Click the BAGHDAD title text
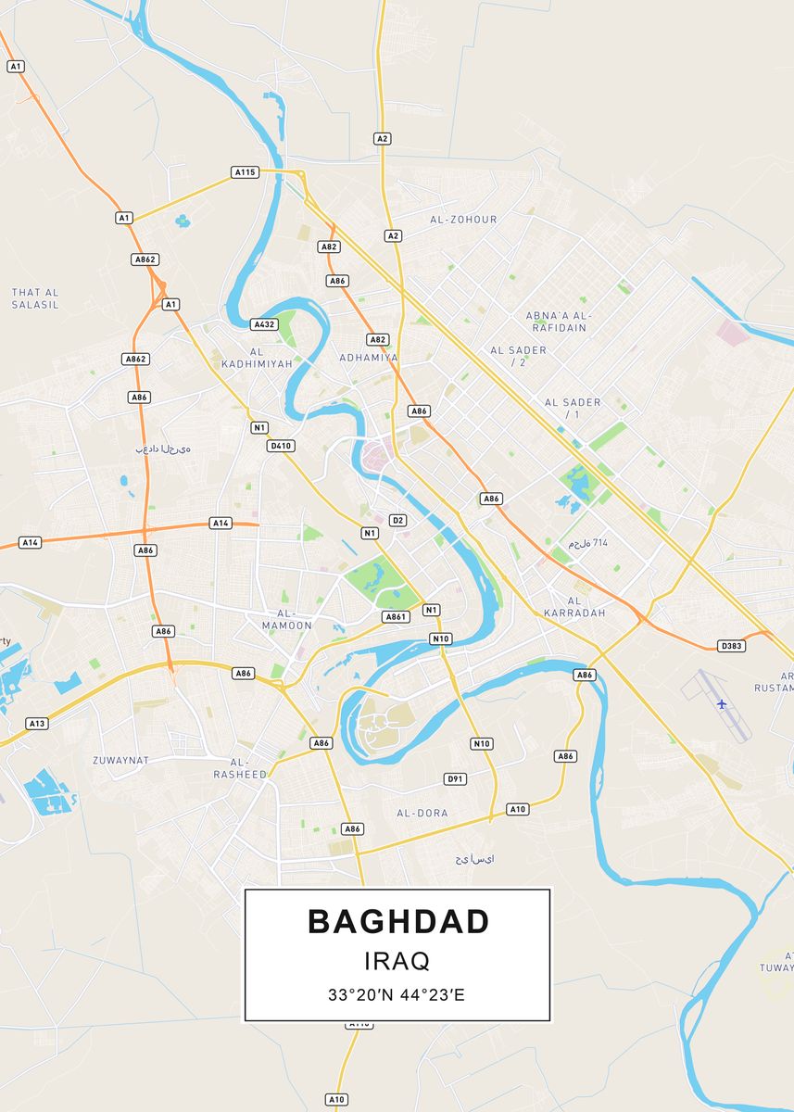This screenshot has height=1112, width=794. click(x=397, y=921)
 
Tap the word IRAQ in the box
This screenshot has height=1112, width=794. click(x=397, y=960)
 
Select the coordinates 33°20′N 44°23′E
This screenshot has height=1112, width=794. click(x=397, y=995)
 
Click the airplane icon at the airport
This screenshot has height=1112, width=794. click(x=722, y=704)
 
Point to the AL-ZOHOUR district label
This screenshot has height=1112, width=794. click(x=463, y=220)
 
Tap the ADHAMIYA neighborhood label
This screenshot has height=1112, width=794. click(x=369, y=358)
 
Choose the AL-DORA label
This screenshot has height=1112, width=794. click(x=422, y=813)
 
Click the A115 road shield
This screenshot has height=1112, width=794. click(x=245, y=172)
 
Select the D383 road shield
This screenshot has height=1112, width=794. click(x=732, y=645)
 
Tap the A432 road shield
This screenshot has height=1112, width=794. click(x=264, y=324)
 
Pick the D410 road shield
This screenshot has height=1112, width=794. click(x=280, y=446)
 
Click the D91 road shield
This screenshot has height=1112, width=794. click(x=455, y=778)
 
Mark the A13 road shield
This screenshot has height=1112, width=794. click(x=37, y=723)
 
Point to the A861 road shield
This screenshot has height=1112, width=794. click(x=396, y=616)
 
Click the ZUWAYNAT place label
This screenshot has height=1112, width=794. click(x=120, y=760)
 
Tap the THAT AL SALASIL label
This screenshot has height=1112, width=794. click(x=35, y=298)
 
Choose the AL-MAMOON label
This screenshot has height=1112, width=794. click(x=287, y=619)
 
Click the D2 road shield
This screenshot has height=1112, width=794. click(x=397, y=520)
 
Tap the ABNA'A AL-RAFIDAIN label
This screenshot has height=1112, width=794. click(x=558, y=322)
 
